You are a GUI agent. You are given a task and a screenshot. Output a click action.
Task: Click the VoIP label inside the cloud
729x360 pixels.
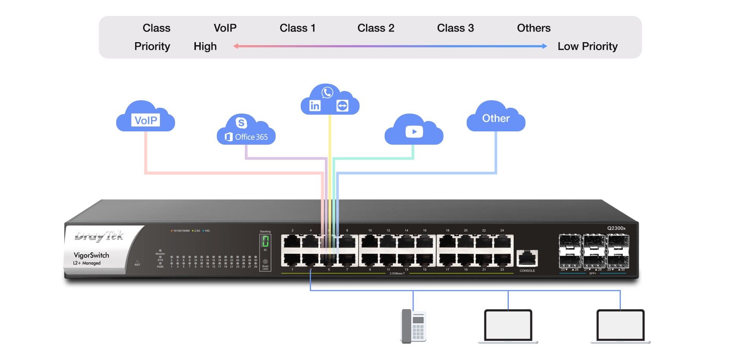(x=146, y=120)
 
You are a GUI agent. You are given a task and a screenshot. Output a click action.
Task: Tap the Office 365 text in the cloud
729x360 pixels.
(x=251, y=137)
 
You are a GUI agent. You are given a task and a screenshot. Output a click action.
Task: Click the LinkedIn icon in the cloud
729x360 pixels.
(x=315, y=106)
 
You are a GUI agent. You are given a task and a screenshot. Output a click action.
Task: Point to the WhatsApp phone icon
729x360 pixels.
(x=327, y=92)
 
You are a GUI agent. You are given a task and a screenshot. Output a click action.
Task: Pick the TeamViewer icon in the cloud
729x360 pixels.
(x=342, y=106)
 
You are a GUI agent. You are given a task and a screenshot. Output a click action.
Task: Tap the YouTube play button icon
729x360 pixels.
(x=414, y=132)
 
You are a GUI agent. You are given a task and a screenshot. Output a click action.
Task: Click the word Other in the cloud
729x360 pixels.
(x=495, y=118)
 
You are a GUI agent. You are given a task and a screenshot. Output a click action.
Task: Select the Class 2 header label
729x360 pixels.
(x=376, y=28)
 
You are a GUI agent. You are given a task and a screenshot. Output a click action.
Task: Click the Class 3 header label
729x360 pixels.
(x=455, y=28)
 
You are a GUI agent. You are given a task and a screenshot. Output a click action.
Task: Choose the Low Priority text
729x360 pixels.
(x=587, y=46)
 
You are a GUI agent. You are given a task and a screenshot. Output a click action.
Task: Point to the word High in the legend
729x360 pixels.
(x=205, y=46)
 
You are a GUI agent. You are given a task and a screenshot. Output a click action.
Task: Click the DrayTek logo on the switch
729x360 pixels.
(x=99, y=236)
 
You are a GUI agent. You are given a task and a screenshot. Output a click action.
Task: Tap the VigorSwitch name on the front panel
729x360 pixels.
(x=91, y=255)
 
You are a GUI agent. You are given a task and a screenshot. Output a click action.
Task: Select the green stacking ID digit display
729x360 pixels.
(x=265, y=241)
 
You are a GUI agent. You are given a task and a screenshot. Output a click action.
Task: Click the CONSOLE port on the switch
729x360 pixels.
(x=527, y=259)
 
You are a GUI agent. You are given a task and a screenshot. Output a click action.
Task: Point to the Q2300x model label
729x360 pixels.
(x=616, y=228)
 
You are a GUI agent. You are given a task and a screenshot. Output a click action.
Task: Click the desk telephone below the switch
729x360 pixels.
(x=413, y=326)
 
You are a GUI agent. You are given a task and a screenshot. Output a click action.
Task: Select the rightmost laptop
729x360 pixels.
(x=620, y=326)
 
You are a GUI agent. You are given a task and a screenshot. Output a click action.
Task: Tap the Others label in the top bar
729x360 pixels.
(x=533, y=28)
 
